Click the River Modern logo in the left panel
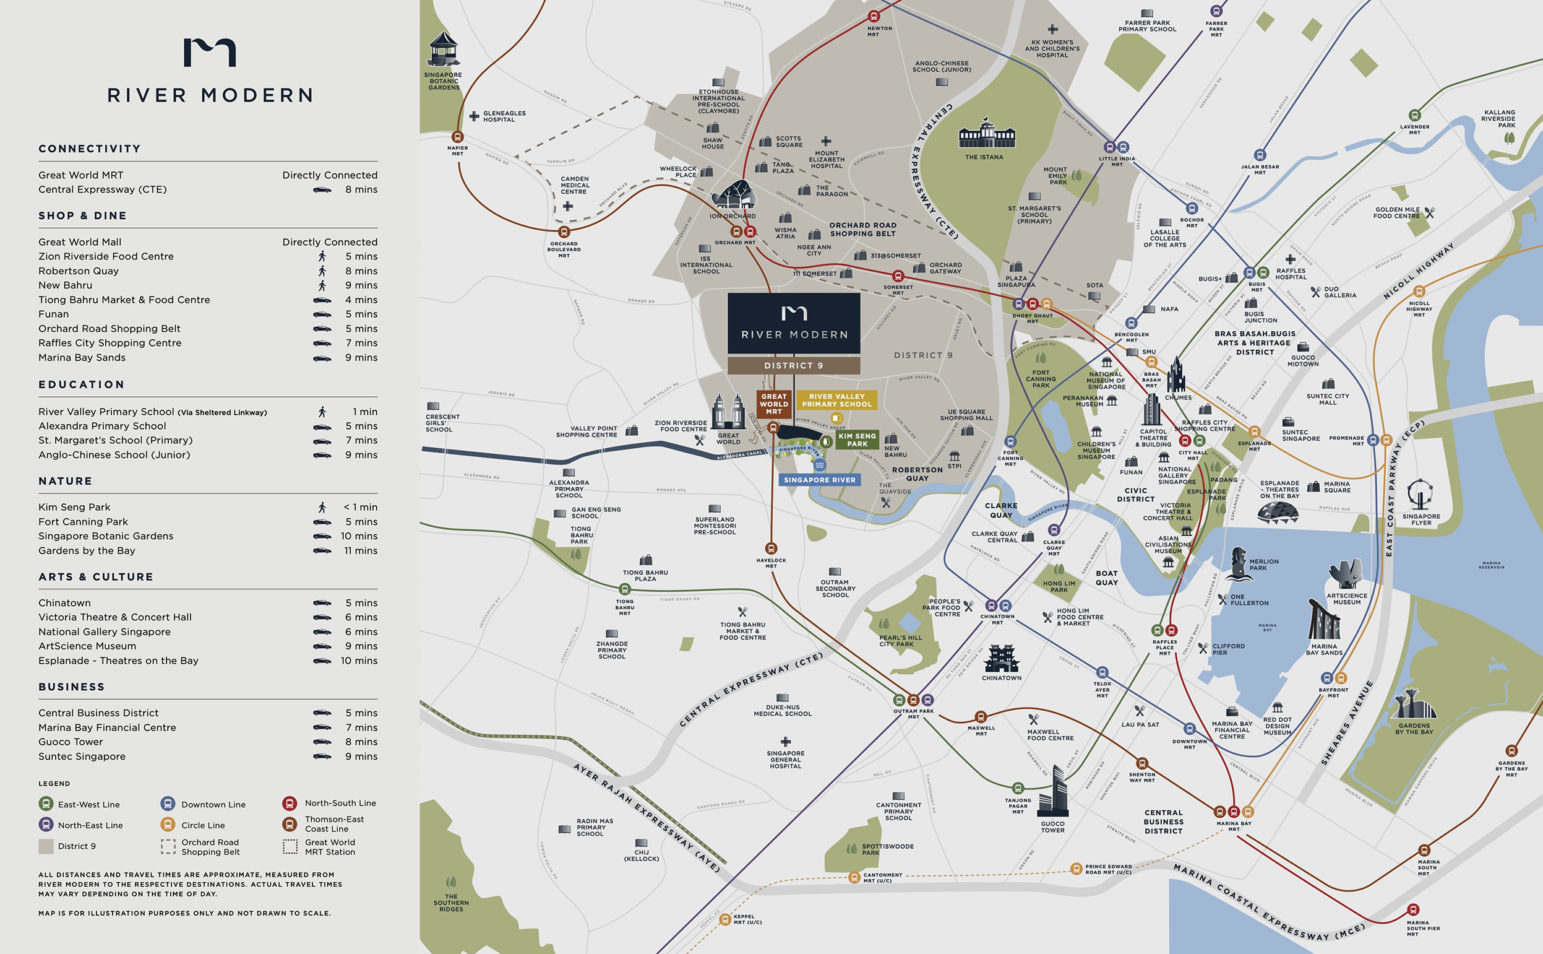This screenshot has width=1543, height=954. (209, 53)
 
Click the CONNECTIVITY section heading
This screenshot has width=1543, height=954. (90, 149)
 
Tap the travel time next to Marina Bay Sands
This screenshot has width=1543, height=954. (361, 358)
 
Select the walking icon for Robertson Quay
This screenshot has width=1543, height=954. (322, 271)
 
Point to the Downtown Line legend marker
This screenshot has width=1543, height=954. (167, 804)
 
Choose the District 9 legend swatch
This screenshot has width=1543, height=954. (46, 846)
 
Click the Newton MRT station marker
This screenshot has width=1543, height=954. (874, 16)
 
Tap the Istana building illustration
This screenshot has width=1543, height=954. (987, 134)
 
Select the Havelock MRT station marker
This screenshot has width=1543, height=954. (770, 549)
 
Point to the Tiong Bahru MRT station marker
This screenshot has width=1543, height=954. (624, 589)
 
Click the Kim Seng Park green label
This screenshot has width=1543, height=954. (856, 440)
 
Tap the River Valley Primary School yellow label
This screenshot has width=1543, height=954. (836, 400)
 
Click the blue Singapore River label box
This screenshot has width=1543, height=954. (819, 480)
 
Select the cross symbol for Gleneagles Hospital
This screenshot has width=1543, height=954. (474, 116)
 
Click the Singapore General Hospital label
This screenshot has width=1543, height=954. (785, 759)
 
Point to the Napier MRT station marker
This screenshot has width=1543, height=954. (458, 137)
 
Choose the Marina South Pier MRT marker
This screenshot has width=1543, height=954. (1413, 910)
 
